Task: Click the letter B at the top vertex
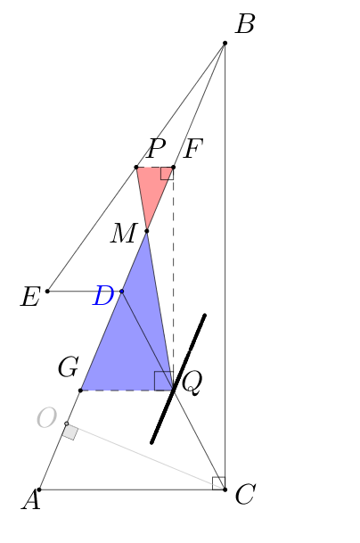point(245,24)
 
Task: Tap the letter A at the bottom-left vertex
point(31,500)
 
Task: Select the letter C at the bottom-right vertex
point(245,494)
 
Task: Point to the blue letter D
point(103,295)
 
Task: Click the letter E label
point(29,297)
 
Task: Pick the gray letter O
point(46,417)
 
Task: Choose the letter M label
point(124,234)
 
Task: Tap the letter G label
point(69,367)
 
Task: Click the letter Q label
point(192,383)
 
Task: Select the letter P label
point(156,149)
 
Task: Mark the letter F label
point(192,149)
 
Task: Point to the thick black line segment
point(178,379)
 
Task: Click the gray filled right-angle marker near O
point(70,432)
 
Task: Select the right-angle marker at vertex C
point(219,483)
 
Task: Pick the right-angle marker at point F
point(167,174)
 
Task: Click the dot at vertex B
point(225,43)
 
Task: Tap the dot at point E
point(48,292)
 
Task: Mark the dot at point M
point(147,231)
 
